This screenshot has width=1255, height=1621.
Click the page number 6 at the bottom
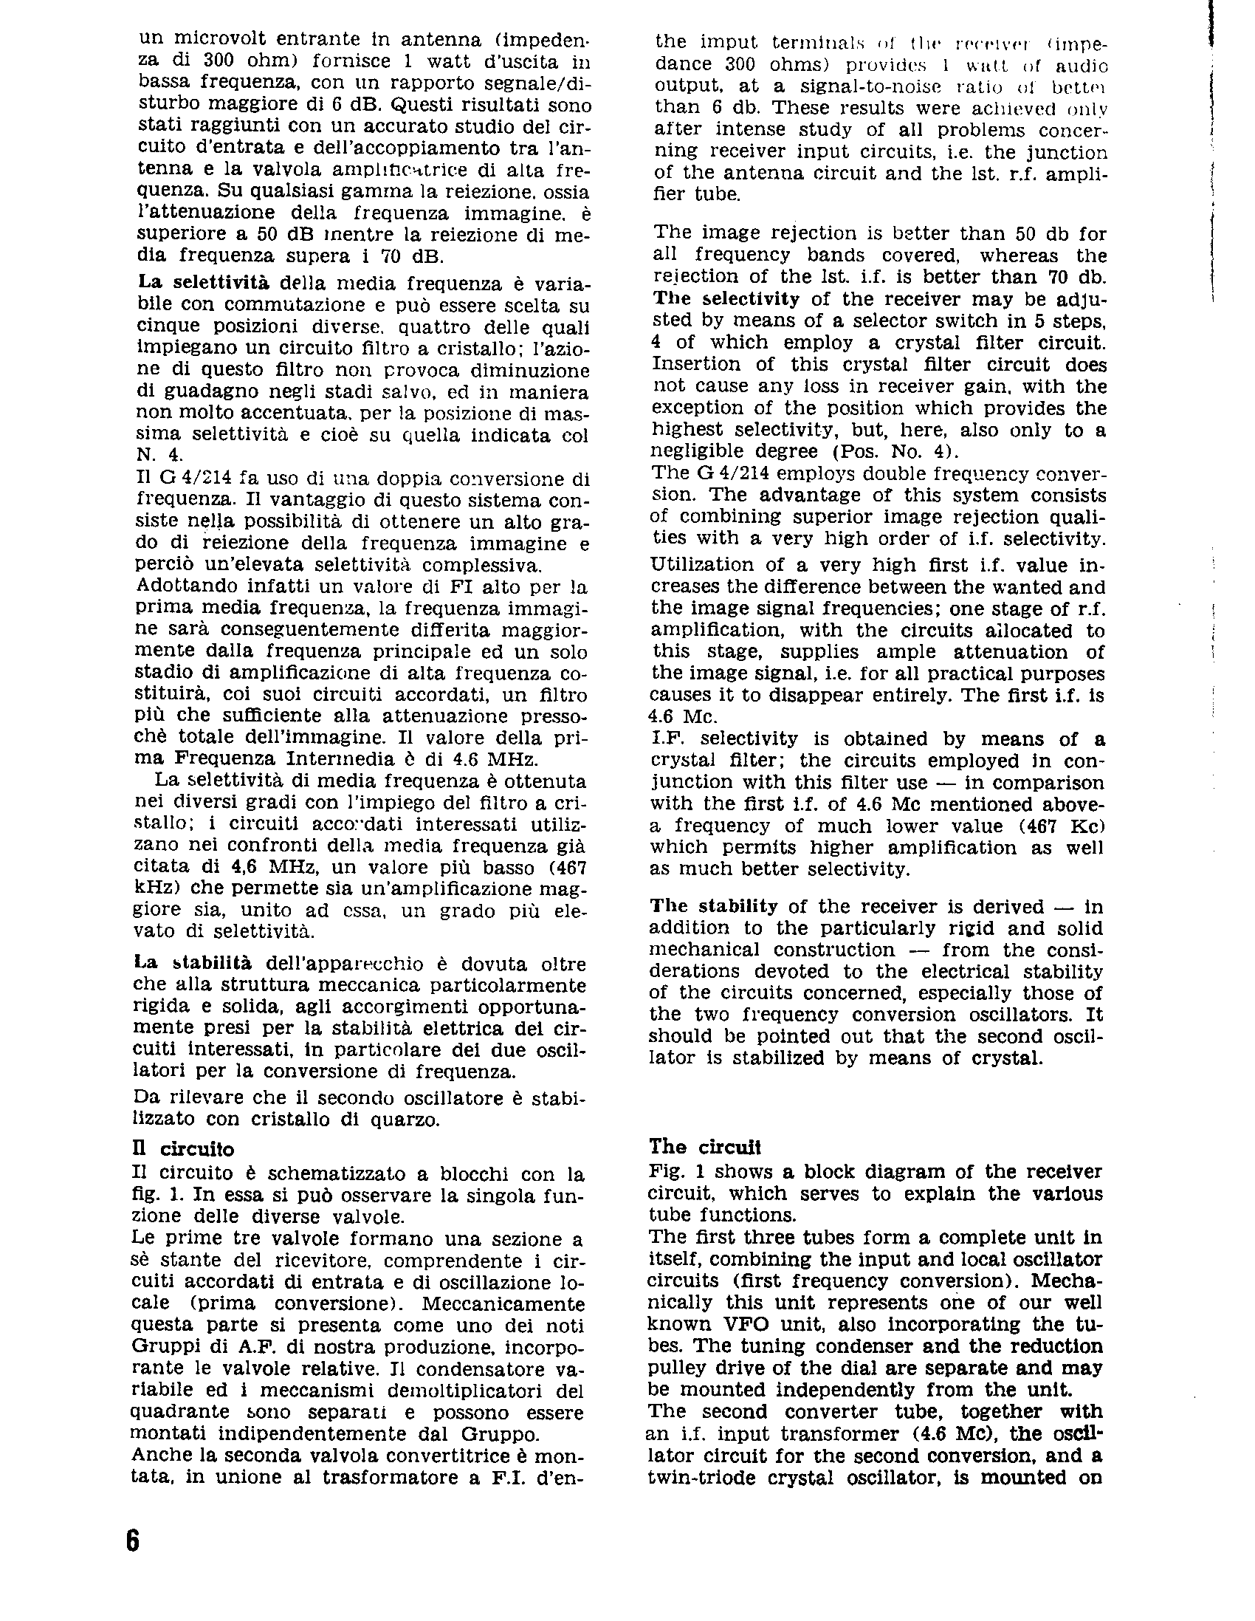132,1539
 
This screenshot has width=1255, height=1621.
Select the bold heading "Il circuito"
182,1149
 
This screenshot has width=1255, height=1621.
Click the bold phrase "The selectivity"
726,299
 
